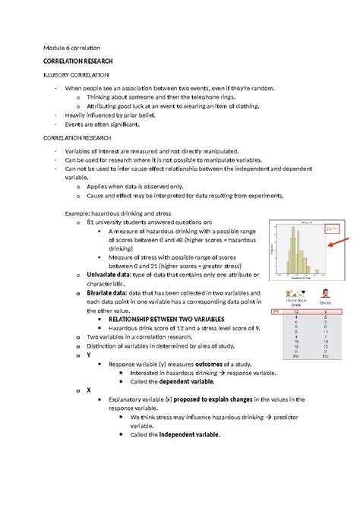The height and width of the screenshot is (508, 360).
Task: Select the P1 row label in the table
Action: point(276,311)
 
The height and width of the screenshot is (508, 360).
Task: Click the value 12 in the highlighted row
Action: point(295,311)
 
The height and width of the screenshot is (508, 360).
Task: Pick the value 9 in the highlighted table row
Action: point(325,311)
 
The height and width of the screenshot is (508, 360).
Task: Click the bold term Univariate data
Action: point(113,274)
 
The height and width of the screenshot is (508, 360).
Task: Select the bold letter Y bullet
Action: point(89,354)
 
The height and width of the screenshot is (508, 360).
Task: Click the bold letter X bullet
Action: point(89,390)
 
